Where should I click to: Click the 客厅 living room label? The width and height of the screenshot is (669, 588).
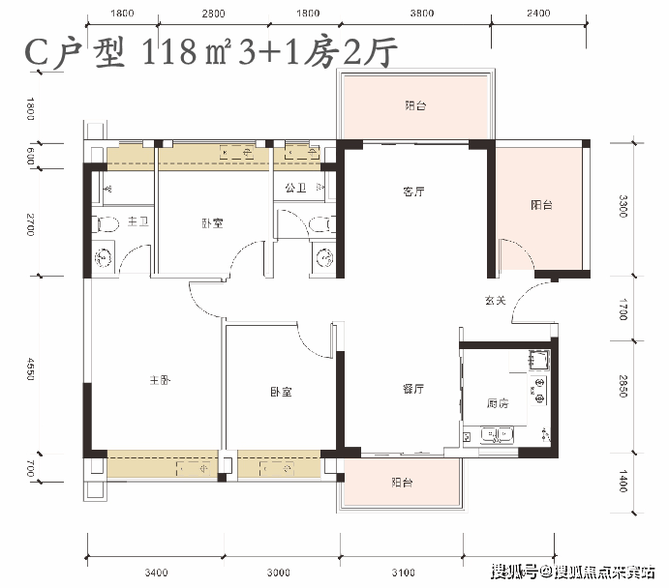(413, 191)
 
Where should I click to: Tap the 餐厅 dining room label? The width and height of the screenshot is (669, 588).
(413, 389)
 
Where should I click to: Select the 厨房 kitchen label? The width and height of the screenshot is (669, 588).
(498, 403)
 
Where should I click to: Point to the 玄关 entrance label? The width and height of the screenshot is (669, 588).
(496, 301)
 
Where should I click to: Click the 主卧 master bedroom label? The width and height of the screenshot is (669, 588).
(160, 380)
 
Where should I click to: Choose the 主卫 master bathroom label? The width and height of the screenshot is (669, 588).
(138, 221)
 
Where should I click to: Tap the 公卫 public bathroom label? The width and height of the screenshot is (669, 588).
(295, 188)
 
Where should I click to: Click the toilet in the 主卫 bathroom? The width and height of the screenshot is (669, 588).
(106, 224)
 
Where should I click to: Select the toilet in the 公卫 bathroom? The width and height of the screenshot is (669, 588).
(321, 224)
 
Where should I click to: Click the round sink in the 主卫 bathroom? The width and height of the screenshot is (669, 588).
(104, 257)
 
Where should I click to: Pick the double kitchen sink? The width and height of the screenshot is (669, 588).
(497, 435)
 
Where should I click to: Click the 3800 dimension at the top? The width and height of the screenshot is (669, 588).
(422, 14)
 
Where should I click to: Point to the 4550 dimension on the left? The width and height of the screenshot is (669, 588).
(31, 368)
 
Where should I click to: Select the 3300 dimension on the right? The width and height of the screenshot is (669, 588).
(623, 206)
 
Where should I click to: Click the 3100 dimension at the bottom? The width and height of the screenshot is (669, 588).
(403, 573)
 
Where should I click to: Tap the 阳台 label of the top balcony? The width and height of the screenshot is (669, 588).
(415, 105)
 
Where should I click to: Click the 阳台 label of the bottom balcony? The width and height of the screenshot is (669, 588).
(402, 483)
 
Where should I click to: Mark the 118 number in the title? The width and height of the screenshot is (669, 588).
(169, 52)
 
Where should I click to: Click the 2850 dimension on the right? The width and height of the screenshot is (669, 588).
(623, 386)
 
